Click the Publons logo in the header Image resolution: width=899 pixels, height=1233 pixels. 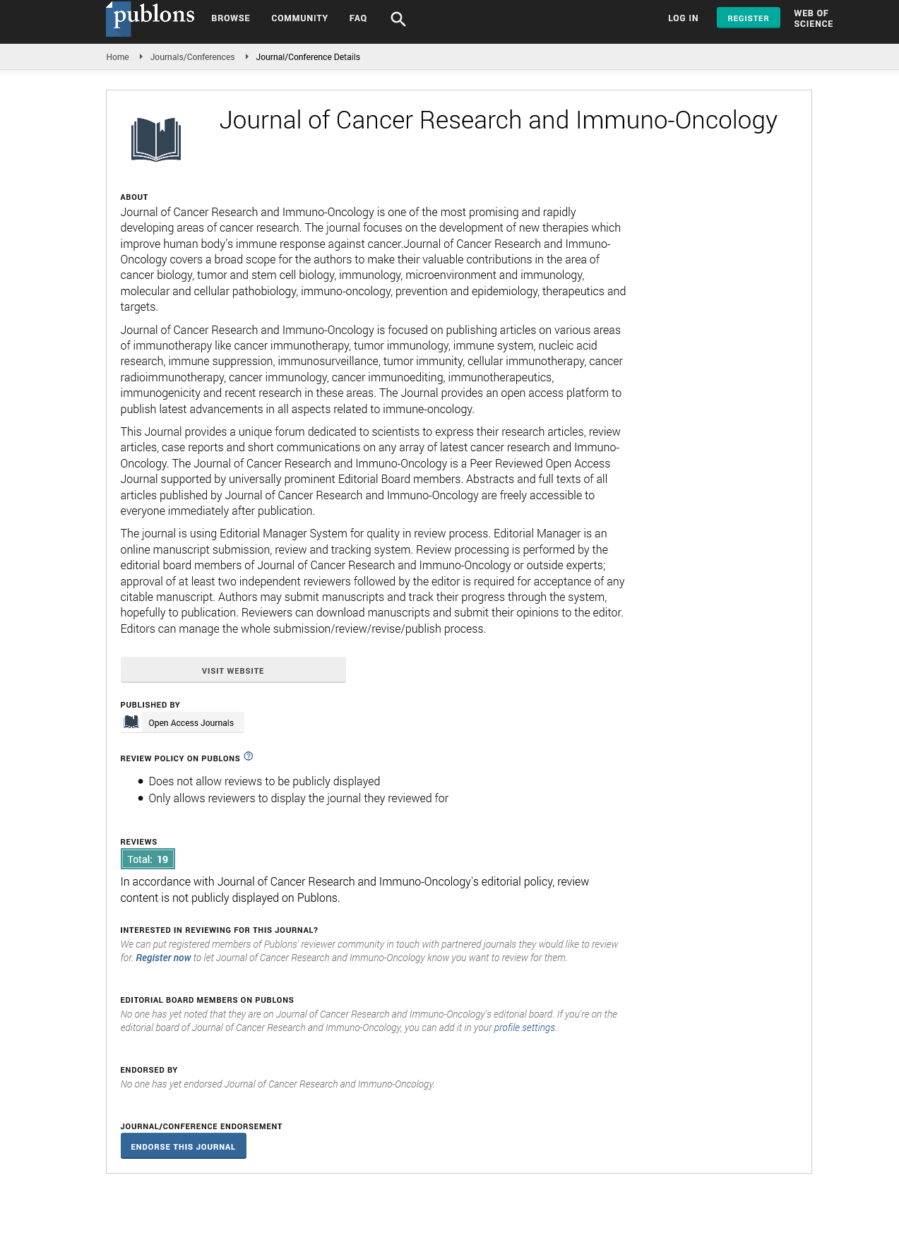[x=150, y=17]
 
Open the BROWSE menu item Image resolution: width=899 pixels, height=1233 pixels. [x=230, y=18]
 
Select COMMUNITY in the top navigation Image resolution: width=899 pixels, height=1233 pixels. [x=299, y=18]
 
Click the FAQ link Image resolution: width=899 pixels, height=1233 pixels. [x=358, y=18]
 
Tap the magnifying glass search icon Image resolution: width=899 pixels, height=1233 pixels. [x=398, y=19]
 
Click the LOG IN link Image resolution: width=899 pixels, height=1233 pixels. [x=683, y=18]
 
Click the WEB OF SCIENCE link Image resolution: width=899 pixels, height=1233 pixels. [x=813, y=18]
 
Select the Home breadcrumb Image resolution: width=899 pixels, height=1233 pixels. [x=117, y=57]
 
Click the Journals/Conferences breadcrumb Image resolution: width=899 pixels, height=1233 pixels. [x=192, y=57]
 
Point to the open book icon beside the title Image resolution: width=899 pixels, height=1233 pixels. [x=156, y=139]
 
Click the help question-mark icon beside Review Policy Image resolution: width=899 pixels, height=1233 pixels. [x=249, y=756]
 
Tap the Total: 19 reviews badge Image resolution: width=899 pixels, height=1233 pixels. [x=148, y=859]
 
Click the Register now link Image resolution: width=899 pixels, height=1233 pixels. [x=163, y=958]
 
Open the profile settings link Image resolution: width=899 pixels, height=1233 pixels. [x=524, y=1028]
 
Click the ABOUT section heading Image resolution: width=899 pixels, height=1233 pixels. [x=134, y=197]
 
